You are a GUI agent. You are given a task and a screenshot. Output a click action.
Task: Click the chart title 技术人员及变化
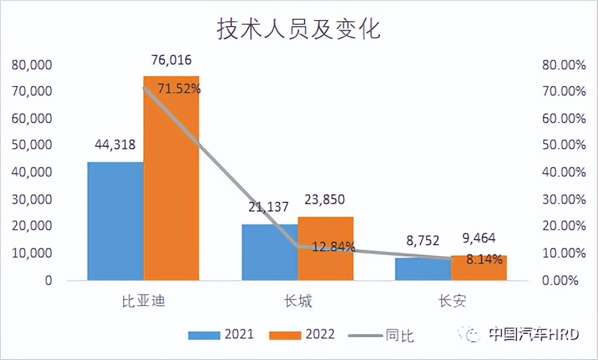(298, 29)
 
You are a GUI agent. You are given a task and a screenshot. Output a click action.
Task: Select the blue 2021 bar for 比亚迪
(115, 221)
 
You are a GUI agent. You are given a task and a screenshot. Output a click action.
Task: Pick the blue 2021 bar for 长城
(270, 252)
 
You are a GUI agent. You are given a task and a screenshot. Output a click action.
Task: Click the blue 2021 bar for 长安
(424, 269)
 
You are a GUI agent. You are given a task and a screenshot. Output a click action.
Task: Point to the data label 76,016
(171, 60)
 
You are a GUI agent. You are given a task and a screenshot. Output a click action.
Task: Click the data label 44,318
(115, 144)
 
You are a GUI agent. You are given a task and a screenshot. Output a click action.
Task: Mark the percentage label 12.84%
(333, 247)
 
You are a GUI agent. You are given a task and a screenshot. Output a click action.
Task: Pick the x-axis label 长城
(298, 302)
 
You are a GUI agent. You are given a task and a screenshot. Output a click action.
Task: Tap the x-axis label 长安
(452, 302)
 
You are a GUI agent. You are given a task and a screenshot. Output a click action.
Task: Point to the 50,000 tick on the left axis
(31, 145)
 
